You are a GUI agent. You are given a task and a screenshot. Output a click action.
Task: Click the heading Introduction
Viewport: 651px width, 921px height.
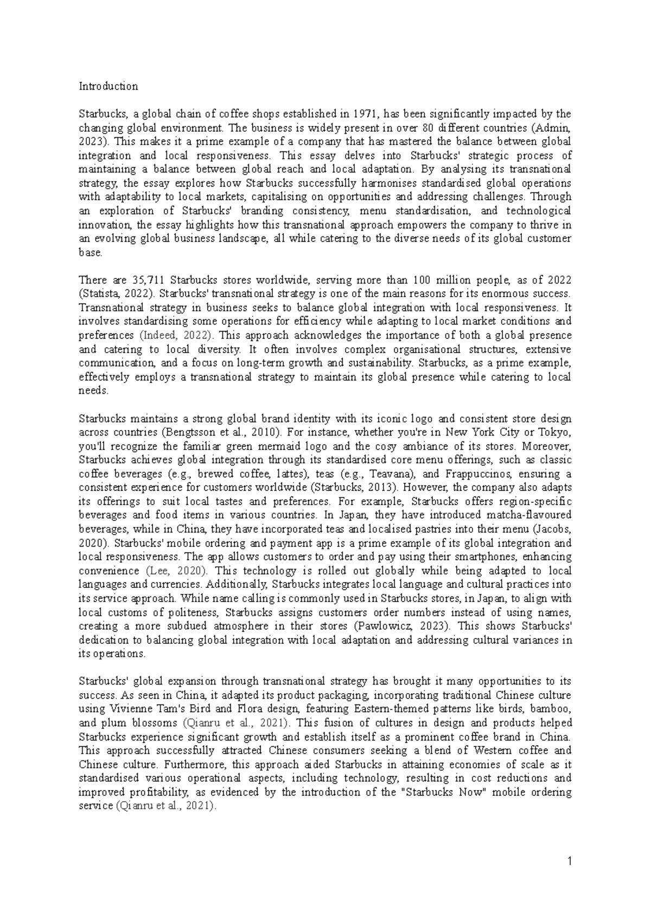click(x=108, y=86)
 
